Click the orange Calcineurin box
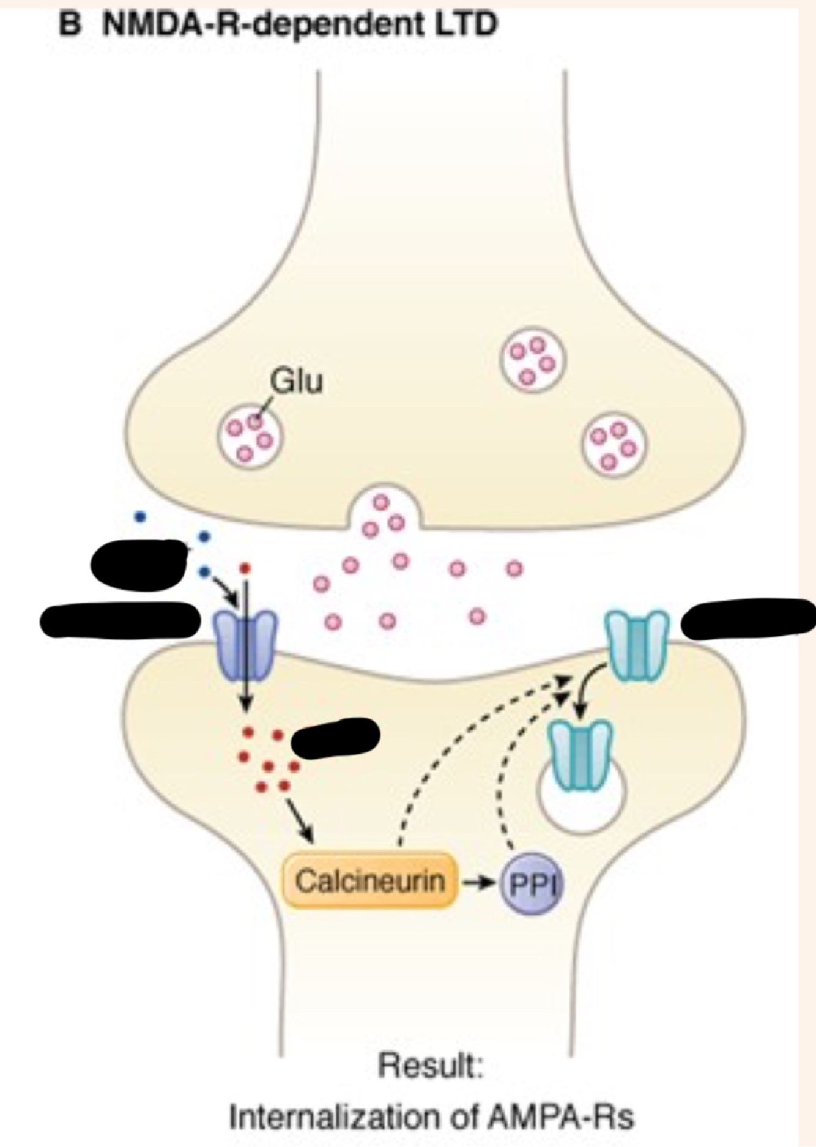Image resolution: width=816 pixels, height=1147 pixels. [369, 882]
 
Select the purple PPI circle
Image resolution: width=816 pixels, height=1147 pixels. [531, 883]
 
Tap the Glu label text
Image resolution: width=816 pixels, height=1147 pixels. [296, 382]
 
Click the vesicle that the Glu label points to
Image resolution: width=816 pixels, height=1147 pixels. [250, 437]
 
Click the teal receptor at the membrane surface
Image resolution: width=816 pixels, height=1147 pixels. [636, 645]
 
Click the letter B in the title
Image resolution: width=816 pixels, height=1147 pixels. [70, 26]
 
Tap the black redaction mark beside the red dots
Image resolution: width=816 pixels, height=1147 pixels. [335, 737]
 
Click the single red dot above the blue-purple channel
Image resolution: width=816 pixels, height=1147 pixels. [245, 568]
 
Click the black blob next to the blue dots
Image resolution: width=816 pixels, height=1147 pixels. [139, 564]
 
